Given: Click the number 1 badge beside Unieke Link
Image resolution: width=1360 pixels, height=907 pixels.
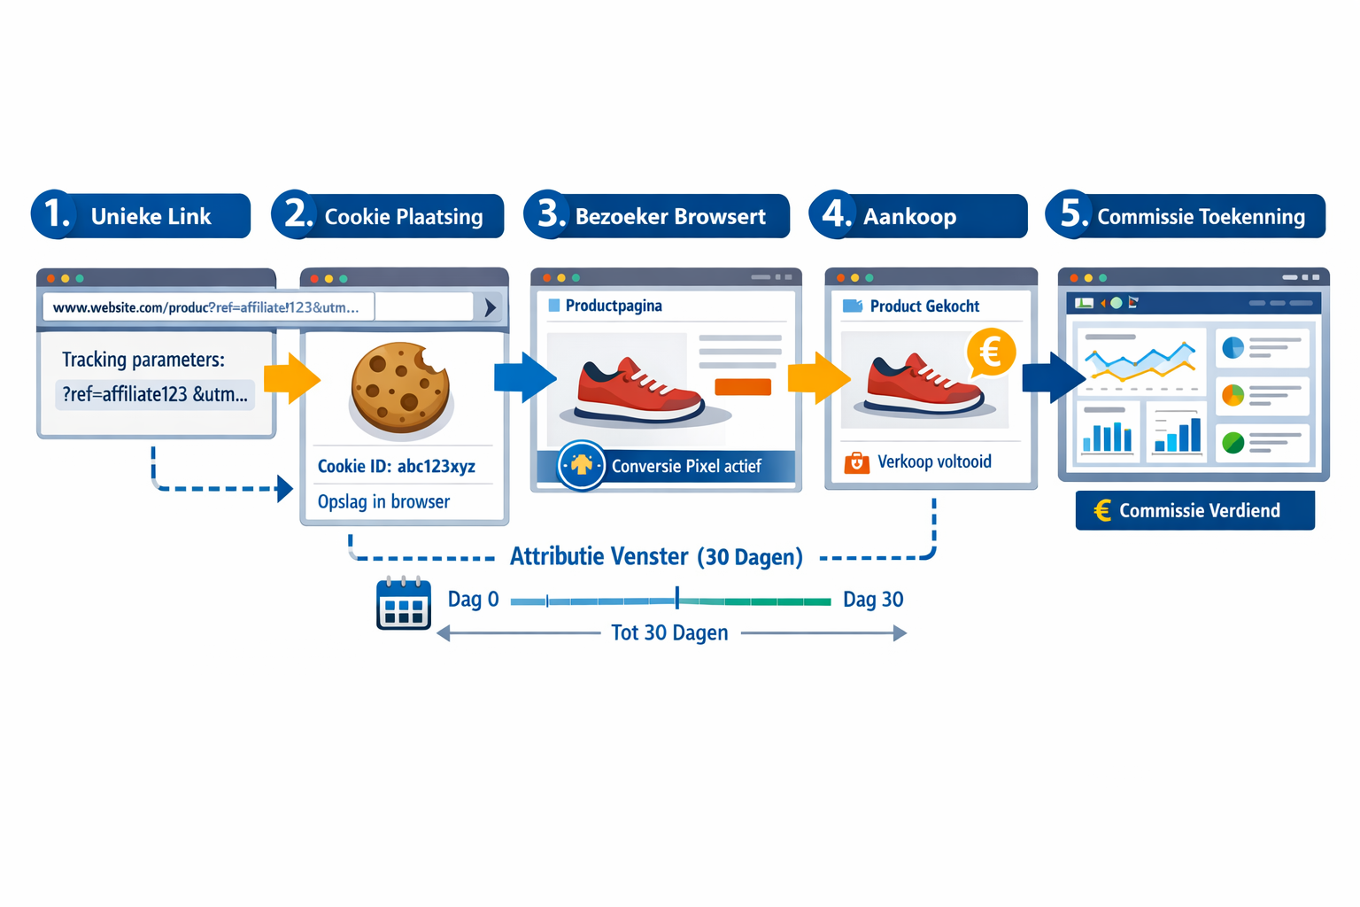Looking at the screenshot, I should pos(54,214).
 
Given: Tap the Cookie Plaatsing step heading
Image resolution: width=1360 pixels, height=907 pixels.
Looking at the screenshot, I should pos(403,217).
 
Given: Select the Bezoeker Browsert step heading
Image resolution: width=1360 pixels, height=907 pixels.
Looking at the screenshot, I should pos(669,217).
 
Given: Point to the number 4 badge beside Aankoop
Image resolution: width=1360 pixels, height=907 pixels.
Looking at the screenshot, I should pos(834,214).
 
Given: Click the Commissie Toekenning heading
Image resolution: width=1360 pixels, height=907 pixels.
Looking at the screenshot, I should pos(1200,217).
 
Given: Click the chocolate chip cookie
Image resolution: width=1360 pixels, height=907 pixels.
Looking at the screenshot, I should pos(400,388).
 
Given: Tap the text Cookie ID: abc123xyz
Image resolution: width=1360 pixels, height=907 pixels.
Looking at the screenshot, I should pos(396,466).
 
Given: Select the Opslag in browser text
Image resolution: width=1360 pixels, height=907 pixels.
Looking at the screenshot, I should pos(383,501).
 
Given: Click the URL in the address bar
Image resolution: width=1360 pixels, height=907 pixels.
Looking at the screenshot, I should pos(205,307).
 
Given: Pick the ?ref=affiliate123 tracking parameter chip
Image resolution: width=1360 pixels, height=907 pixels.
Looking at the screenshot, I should pos(155,394).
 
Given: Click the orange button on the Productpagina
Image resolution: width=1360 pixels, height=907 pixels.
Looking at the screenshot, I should pos(742,386).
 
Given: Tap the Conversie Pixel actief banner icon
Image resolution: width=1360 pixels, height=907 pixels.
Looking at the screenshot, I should pos(581,465).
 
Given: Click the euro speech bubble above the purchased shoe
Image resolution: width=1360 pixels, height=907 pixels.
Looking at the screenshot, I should pos(990,353).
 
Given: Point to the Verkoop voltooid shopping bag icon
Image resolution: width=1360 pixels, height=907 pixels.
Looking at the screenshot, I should pos(856,462).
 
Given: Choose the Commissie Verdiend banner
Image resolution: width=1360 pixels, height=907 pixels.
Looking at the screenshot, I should pos(1194,510).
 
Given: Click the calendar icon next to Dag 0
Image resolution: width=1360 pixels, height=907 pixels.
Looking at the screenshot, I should pos(404,603).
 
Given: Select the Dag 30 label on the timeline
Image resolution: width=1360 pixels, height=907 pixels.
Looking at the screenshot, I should pos(872,600).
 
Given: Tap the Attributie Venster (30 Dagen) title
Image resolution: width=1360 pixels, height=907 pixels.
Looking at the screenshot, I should pos(656,556).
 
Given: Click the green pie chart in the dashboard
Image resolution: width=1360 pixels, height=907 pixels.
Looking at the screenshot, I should pos(1232,441).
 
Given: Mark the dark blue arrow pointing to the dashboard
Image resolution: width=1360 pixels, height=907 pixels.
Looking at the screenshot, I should pos(1053,377).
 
